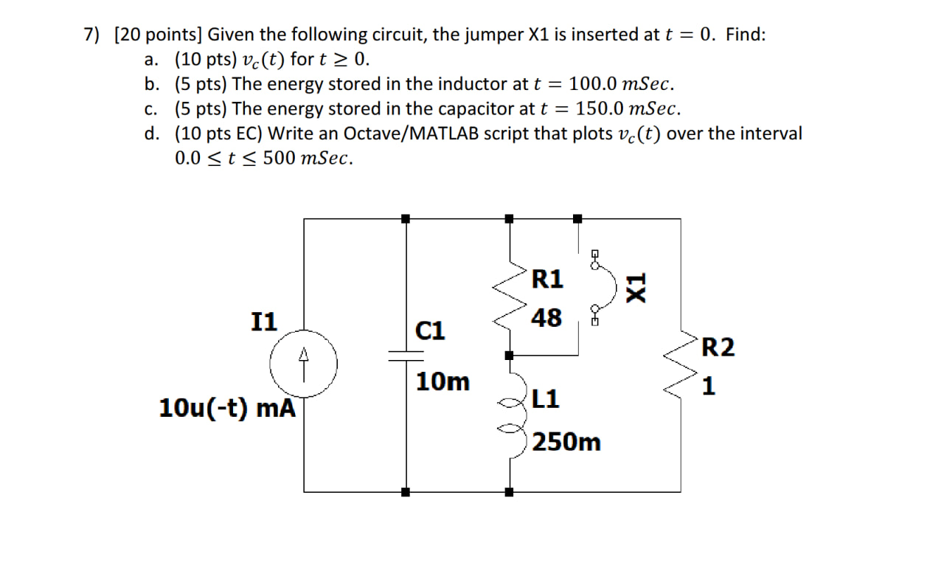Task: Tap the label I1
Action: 264,322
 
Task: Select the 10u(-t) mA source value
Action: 227,408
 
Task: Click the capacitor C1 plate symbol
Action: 406,356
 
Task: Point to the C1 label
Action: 431,330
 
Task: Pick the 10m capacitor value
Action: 442,382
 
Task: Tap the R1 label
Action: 547,280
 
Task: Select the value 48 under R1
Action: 546,318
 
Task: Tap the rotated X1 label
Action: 635,285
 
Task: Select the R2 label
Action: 718,347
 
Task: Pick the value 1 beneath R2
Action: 709,386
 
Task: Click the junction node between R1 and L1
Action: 509,356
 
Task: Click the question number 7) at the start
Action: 91,35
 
